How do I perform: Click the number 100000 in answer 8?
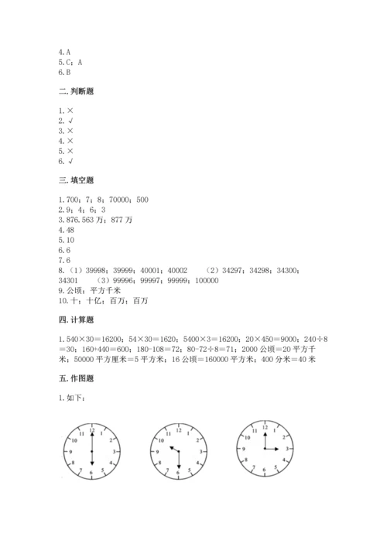(x=203, y=280)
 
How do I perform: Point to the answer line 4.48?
(x=55, y=230)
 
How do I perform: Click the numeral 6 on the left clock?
(x=92, y=472)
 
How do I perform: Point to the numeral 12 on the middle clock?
(x=178, y=428)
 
